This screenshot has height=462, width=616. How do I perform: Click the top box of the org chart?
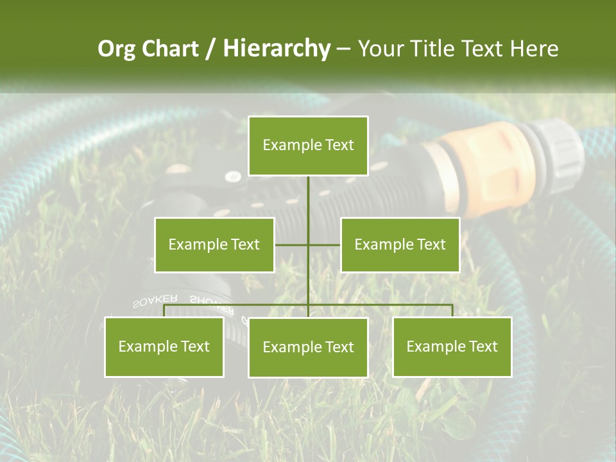pos(308,146)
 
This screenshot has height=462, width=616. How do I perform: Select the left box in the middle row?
pos(214,244)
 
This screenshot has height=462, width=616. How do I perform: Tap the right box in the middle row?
pos(400,244)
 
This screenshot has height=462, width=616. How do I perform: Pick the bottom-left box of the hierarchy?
pos(164,346)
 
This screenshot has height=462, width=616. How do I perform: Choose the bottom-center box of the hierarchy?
pos(308,347)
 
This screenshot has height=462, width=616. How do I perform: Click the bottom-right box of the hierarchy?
pos(452,346)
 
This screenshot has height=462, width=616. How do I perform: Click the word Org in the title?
pos(117,49)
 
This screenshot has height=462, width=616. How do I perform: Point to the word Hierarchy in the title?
pos(276,49)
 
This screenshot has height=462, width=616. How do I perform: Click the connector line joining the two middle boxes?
pos(324,244)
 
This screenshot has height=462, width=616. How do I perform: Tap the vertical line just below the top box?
pos(308,193)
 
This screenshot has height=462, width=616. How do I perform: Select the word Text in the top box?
pos(338,146)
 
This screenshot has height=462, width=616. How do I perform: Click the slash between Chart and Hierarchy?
pos(210,49)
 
